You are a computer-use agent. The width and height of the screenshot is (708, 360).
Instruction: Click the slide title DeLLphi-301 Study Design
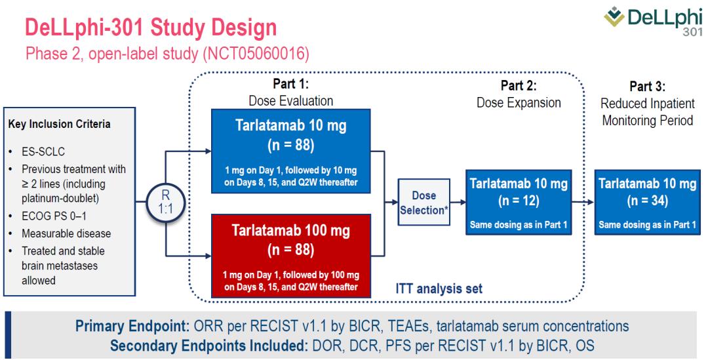150,28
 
